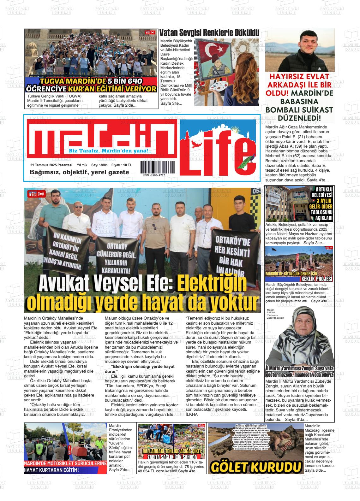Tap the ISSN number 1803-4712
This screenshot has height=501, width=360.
pos(153,175)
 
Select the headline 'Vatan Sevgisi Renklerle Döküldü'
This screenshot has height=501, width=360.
pos(209,33)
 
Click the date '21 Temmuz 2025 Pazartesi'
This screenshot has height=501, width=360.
pos(51,165)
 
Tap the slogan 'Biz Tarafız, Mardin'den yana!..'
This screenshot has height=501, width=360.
pos(110,151)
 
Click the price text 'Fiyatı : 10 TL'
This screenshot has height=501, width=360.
pos(122,165)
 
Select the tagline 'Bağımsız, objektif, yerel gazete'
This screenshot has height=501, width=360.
pos(79,172)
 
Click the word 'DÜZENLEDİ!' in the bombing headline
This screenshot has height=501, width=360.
pos(299,118)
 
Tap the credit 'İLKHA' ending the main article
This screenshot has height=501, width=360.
pos(191,414)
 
